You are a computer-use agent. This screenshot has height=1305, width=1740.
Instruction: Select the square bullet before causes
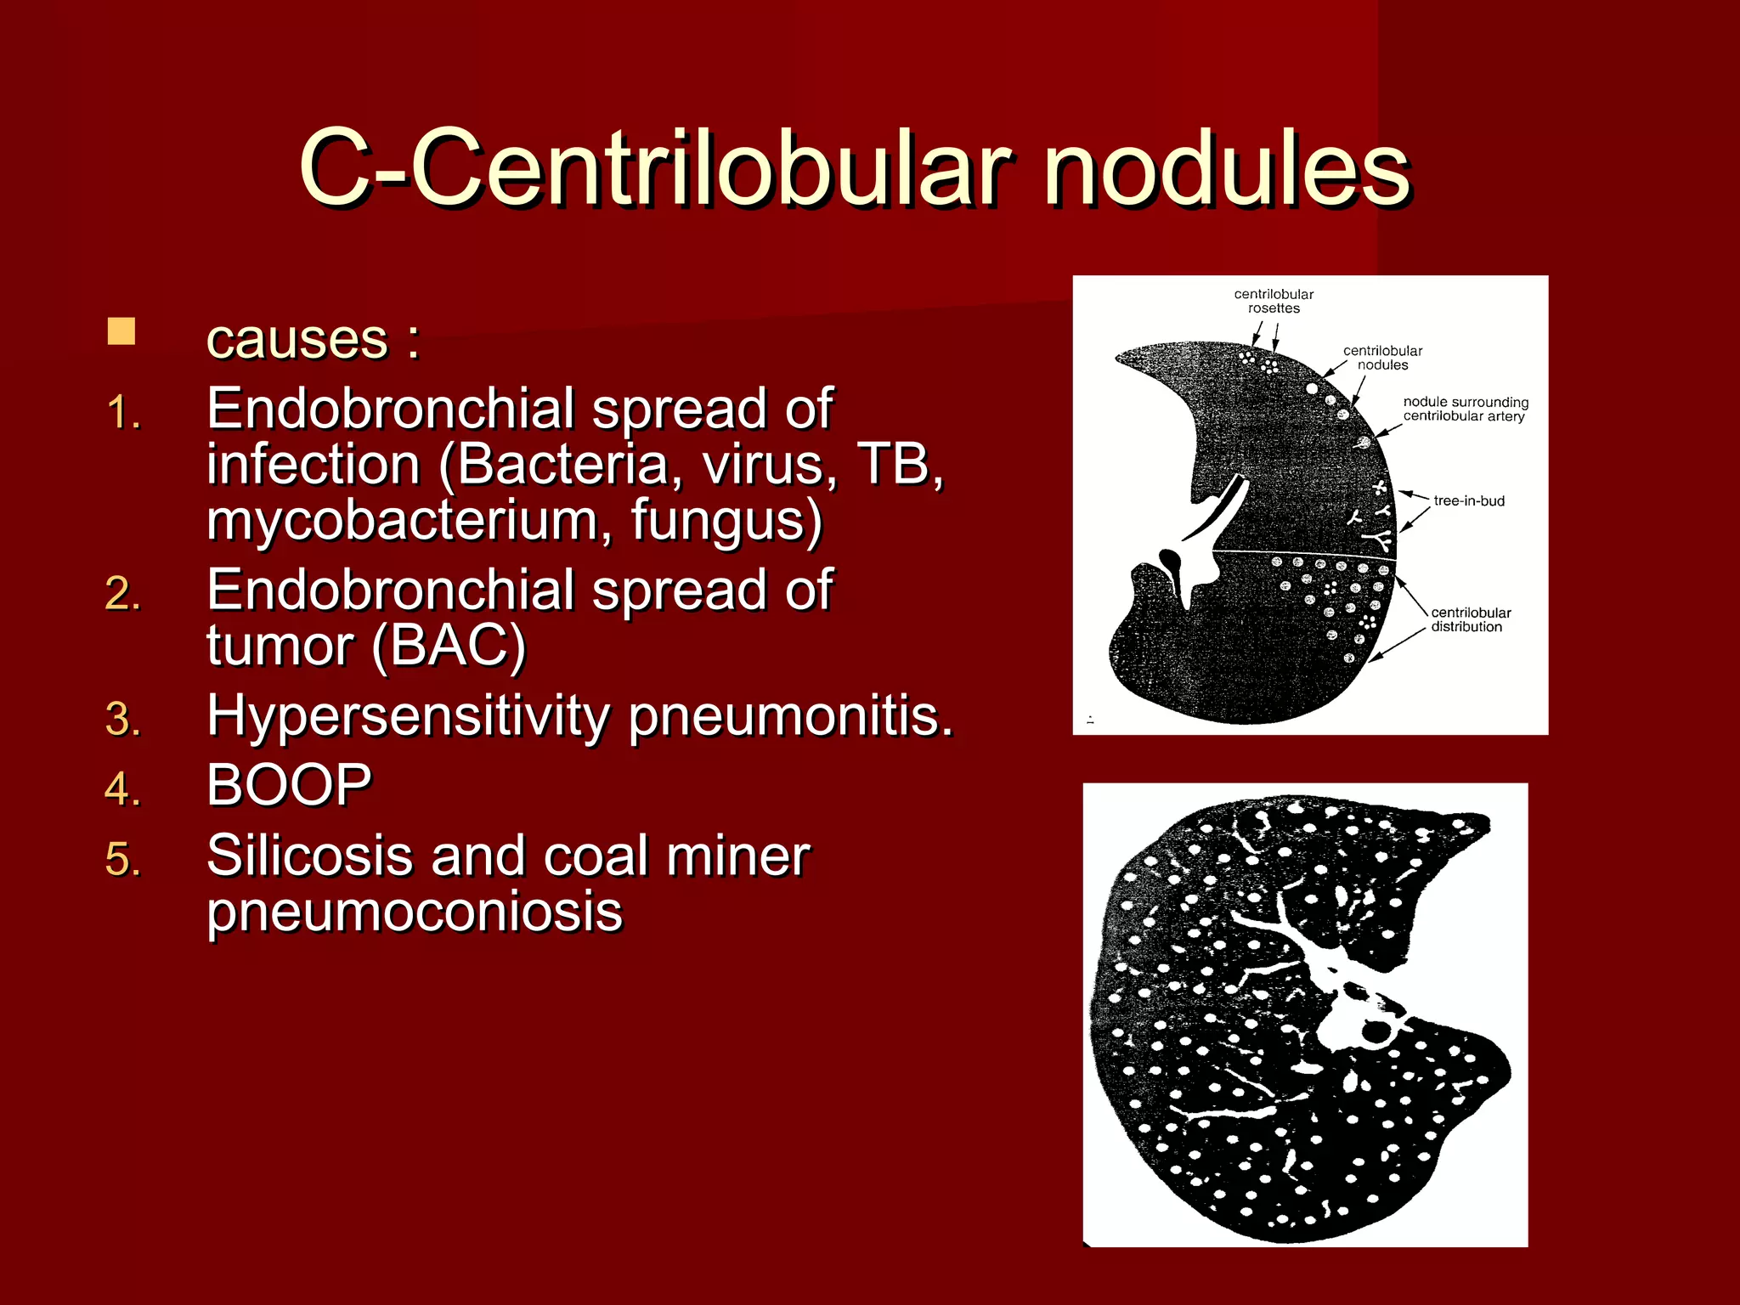(121, 332)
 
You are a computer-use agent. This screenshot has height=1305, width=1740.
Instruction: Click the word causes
(297, 339)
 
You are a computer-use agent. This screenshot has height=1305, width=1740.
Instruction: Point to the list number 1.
(123, 413)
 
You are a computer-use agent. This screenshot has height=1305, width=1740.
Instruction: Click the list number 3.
(123, 720)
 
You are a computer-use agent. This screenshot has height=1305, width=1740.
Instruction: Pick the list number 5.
(123, 859)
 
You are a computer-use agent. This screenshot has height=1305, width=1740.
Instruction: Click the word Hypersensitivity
(408, 716)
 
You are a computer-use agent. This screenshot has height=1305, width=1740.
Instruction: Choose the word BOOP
(289, 785)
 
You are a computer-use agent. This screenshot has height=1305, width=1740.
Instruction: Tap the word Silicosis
(309, 856)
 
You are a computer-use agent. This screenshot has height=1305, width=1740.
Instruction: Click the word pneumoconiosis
(415, 912)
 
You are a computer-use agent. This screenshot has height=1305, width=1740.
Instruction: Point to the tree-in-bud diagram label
(1469, 501)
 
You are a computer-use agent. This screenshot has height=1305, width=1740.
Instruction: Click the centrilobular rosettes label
(1274, 302)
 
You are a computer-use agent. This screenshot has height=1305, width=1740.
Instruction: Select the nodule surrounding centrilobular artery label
(1465, 409)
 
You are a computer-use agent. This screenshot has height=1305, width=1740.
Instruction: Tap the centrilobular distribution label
(1471, 619)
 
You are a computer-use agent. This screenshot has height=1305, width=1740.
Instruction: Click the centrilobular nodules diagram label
(1382, 358)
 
